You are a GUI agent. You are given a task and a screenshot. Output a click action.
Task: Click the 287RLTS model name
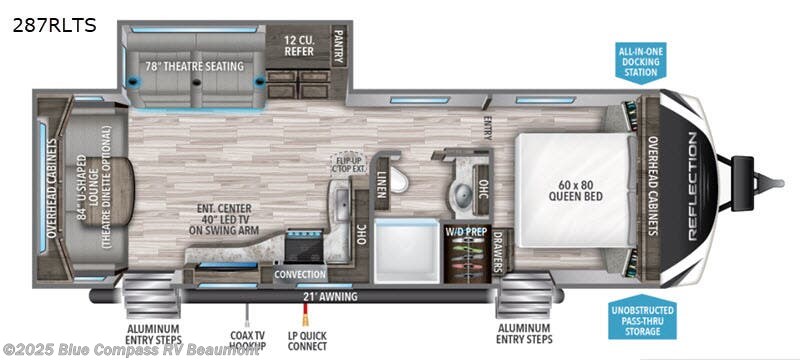54,25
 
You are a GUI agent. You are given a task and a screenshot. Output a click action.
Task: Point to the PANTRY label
339,45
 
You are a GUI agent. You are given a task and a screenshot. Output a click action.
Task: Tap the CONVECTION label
300,274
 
